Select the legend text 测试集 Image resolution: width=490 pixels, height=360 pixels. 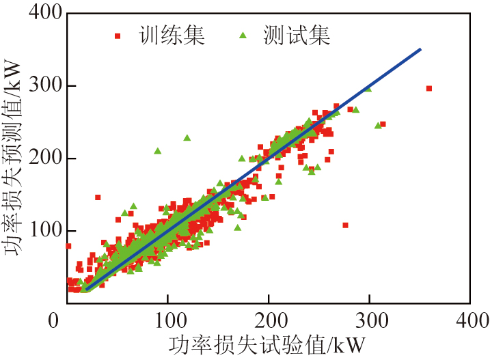coord(296,36)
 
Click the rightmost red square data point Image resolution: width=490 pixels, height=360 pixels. coord(428,88)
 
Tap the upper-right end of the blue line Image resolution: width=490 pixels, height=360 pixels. coord(420,49)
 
